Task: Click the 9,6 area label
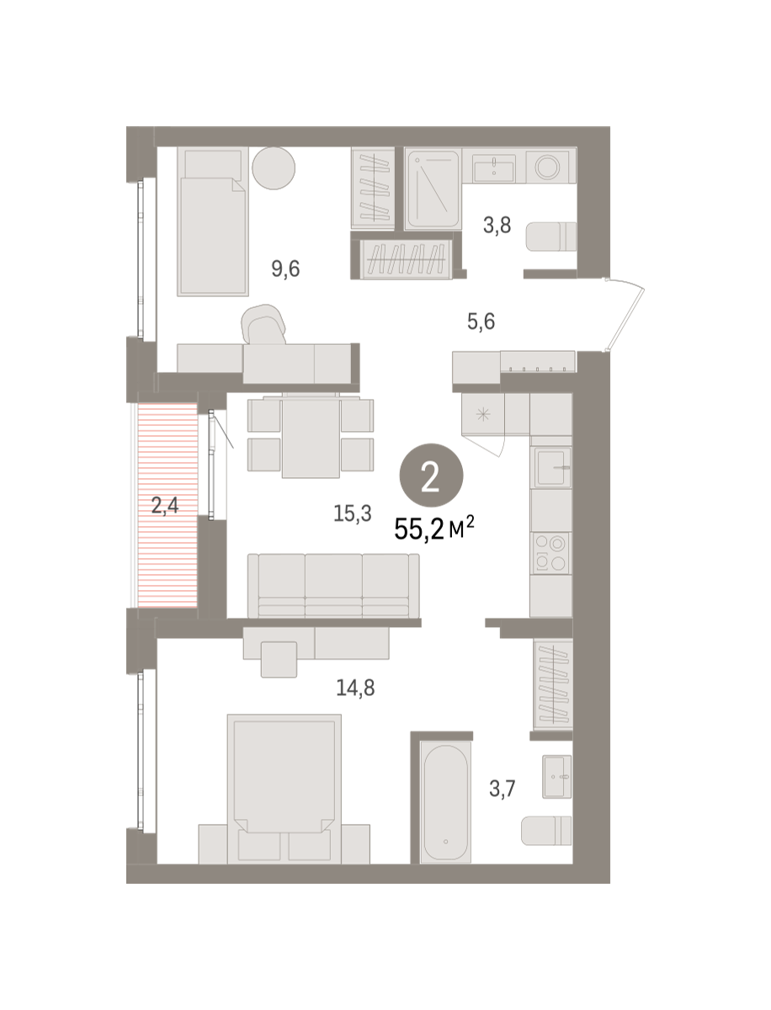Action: click(x=285, y=268)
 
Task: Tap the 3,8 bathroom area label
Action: click(x=497, y=226)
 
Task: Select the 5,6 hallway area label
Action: click(x=481, y=322)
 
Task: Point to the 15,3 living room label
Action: click(x=353, y=513)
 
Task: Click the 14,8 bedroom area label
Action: click(x=355, y=688)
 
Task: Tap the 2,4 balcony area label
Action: click(x=165, y=505)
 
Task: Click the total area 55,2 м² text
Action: click(x=433, y=529)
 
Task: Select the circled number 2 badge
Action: click(x=431, y=476)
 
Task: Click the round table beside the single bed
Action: click(x=274, y=168)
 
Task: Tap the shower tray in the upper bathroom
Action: click(x=433, y=189)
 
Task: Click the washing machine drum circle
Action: click(x=547, y=166)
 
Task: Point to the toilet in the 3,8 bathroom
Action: click(x=551, y=237)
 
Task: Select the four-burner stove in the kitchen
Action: click(x=550, y=554)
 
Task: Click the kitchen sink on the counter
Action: click(x=551, y=467)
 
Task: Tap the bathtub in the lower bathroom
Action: click(x=445, y=802)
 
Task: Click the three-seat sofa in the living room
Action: click(x=333, y=586)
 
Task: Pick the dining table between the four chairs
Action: click(x=311, y=438)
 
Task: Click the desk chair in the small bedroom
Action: click(x=263, y=324)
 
